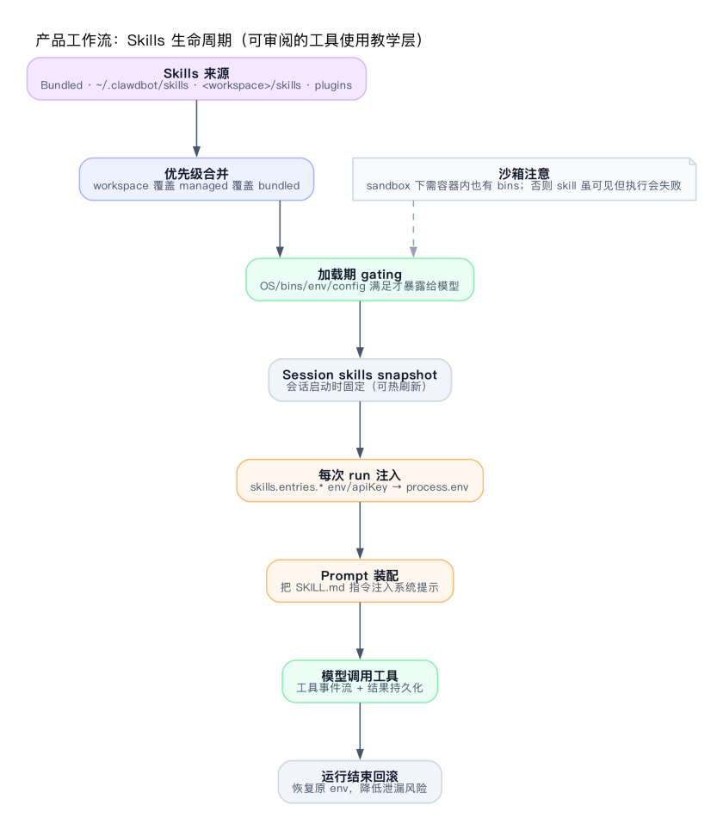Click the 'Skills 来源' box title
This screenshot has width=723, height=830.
coord(196,73)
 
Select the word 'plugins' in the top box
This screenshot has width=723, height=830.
coord(332,85)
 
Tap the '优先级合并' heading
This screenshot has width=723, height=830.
coord(196,173)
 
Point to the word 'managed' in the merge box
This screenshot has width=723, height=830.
coord(205,185)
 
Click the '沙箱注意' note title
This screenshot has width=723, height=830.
coord(524,173)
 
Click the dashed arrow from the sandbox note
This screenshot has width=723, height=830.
coord(413,228)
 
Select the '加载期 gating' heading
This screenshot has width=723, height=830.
coord(360,274)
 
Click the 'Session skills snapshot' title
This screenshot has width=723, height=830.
coord(360,375)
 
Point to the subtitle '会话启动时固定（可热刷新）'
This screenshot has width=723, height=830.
coord(360,387)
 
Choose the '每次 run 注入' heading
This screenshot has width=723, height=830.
coord(360,474)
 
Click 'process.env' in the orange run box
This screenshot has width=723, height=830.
coord(437,486)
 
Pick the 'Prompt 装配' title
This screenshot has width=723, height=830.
coord(360,575)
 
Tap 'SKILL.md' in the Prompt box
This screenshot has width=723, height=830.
coord(320,587)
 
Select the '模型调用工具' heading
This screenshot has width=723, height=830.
coord(360,676)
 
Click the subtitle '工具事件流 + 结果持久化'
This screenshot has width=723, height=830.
coord(360,688)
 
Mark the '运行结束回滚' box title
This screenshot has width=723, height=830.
coord(360,777)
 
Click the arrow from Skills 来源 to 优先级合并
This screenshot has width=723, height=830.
coord(196,129)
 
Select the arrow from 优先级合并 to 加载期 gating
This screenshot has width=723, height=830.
coord(280,229)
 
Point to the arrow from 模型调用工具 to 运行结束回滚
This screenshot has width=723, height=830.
coord(360,732)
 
